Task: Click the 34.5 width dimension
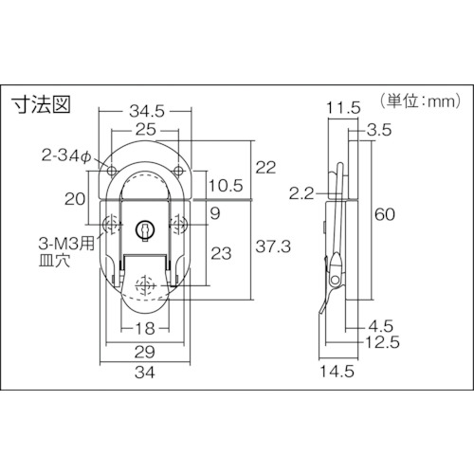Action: click(147, 111)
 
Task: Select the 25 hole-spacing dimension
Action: click(146, 130)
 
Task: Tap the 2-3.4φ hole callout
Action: click(66, 155)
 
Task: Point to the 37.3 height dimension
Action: click(273, 246)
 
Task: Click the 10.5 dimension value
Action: click(226, 186)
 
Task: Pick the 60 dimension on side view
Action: click(385, 214)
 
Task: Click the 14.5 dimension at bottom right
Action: click(337, 371)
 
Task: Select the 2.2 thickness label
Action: click(301, 193)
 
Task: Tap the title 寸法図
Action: click(41, 104)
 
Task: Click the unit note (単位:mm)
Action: click(421, 101)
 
